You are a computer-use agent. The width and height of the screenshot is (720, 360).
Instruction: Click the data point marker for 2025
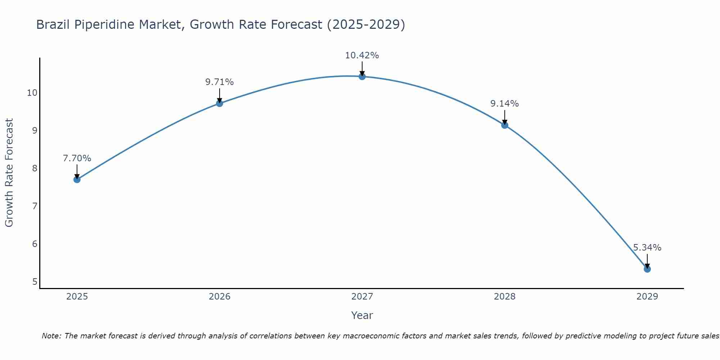pos(77,179)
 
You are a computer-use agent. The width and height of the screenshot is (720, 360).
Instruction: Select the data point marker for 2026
pos(220,103)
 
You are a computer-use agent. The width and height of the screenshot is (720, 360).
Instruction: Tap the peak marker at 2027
pos(362,76)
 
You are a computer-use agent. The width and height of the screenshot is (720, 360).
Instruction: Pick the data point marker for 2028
pos(505,125)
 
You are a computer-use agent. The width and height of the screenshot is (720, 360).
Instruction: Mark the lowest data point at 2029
pos(647,269)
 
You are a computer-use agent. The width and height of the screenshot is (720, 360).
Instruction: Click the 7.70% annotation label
pos(77,158)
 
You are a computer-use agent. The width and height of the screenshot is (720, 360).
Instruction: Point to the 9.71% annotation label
pos(220,82)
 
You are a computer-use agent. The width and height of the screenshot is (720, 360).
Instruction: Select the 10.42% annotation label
pos(362,55)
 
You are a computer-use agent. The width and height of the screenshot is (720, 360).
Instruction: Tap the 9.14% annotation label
pos(504,104)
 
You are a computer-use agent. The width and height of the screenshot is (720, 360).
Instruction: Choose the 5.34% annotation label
pos(647,248)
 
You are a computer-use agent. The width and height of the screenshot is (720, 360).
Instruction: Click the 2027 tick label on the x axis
pos(362,297)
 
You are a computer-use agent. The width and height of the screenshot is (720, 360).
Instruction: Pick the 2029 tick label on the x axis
pos(647,297)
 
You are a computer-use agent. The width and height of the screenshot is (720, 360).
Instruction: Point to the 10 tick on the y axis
pos(32,93)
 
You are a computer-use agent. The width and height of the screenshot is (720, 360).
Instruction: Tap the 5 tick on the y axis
pos(35,282)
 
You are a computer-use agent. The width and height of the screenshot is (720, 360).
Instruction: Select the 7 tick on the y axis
pos(35,206)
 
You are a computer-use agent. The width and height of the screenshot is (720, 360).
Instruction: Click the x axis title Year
pos(362,315)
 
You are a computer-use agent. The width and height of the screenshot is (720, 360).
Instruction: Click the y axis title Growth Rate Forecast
pos(9,172)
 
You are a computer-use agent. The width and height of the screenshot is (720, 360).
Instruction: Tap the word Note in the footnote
pos(52,336)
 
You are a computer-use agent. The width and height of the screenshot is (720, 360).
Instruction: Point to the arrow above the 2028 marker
pos(505,117)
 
